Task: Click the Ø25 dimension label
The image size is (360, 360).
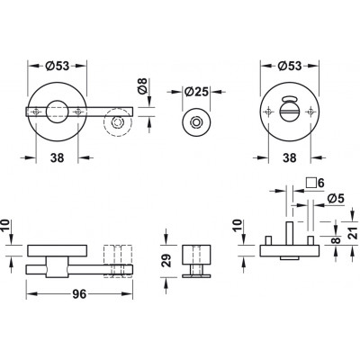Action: coord(196,92)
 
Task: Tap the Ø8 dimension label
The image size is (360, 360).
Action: coord(142,85)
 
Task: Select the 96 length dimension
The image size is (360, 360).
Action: coord(79,294)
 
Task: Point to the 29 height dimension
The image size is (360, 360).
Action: coord(167,260)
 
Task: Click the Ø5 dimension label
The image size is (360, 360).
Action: coord(336,199)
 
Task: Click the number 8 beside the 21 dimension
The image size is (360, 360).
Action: coord(337,240)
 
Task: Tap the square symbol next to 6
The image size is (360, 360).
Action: coord(311,183)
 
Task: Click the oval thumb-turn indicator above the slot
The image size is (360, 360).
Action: coord(290,99)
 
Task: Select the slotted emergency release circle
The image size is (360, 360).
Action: coord(290,112)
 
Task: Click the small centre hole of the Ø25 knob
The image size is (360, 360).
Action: coord(196,122)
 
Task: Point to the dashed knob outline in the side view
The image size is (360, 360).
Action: coord(118,262)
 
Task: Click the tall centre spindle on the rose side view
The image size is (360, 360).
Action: coord(290,233)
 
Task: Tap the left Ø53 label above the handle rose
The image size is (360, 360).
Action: coord(58,66)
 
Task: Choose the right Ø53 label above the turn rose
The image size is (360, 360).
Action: coord(290,66)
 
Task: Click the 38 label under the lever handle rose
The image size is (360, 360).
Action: coord(57,157)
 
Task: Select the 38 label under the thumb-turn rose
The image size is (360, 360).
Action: coord(290,157)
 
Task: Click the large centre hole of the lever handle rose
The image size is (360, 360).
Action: coord(57,112)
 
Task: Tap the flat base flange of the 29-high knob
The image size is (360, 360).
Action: coord(196,275)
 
